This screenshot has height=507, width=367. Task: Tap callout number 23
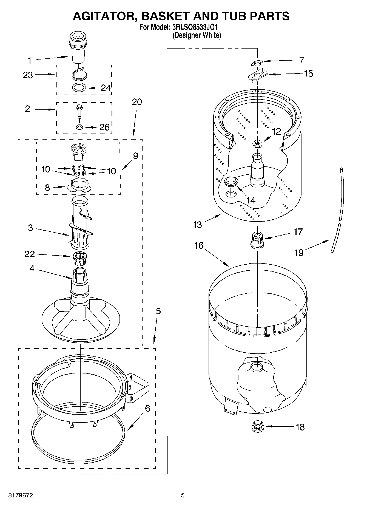[x=28, y=75]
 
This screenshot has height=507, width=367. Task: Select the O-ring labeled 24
[x=79, y=88]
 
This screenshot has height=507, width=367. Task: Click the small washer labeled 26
[x=80, y=127]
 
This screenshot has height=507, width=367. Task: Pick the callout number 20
[x=137, y=102]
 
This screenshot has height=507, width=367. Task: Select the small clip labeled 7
[x=257, y=63]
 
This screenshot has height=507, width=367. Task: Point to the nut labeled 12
[x=257, y=143]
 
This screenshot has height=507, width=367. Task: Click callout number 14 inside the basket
[x=251, y=200]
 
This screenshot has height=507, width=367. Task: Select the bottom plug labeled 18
[x=257, y=426]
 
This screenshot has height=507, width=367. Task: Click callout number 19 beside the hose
[x=299, y=253]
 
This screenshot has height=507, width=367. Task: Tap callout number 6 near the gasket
[x=147, y=409]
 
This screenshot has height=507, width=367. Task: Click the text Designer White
[x=197, y=35]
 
